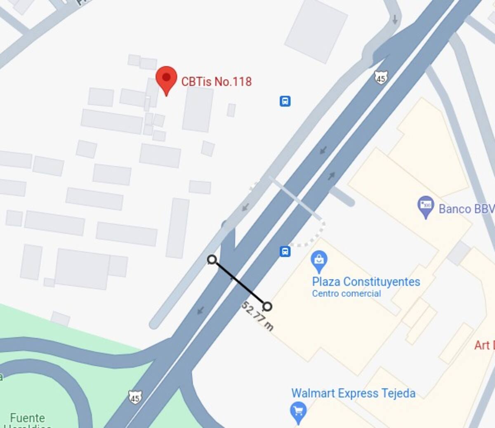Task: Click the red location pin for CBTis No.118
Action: click(x=166, y=79)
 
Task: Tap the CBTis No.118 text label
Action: click(x=216, y=81)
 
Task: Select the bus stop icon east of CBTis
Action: click(x=285, y=101)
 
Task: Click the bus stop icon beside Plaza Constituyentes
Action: click(x=285, y=251)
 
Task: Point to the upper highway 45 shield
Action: click(x=381, y=78)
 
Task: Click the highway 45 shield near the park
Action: click(x=134, y=397)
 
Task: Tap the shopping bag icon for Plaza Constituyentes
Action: click(x=319, y=260)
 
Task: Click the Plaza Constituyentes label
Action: click(x=366, y=282)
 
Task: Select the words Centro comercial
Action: click(x=346, y=294)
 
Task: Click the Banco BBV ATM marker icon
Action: click(x=425, y=206)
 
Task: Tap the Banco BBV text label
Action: click(x=466, y=209)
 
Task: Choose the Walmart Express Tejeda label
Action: click(x=353, y=393)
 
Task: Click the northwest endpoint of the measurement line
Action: click(x=212, y=259)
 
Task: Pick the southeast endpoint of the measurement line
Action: click(x=267, y=306)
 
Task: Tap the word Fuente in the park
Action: click(x=27, y=418)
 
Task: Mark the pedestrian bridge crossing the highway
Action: click(x=295, y=198)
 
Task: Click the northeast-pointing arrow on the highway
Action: click(x=331, y=176)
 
